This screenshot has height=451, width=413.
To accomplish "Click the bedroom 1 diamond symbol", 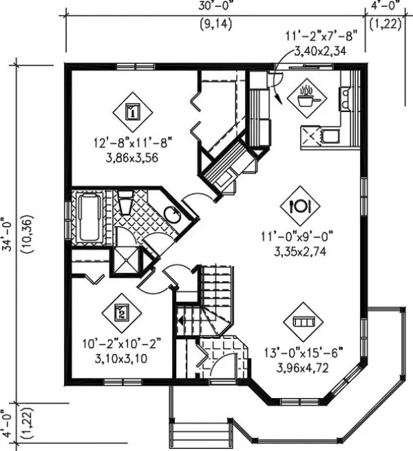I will tap(133, 111).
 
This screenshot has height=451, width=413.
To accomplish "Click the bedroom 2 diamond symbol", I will tap(120, 312).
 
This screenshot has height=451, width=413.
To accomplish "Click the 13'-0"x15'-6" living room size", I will tap(304, 353).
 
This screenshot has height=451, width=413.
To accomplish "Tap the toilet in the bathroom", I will tap(125, 204).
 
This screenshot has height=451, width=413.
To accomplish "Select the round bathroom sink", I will tap(173, 216).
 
